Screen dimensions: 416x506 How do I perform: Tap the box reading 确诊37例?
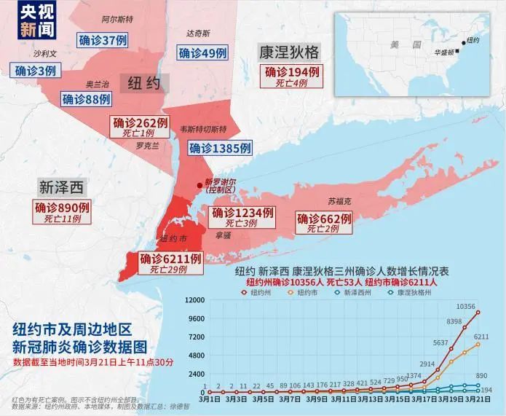click(100, 39)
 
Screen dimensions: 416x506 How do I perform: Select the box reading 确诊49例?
click(203, 52)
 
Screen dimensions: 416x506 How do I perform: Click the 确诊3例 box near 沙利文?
click(36, 71)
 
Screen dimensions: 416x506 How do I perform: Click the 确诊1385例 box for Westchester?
click(221, 148)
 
